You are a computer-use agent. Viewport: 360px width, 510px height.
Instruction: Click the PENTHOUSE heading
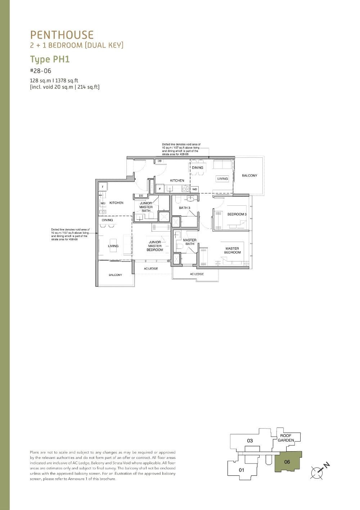(62, 35)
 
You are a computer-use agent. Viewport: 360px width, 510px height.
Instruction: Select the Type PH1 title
(50, 59)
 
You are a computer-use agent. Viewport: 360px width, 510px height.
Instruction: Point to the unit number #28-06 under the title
(41, 71)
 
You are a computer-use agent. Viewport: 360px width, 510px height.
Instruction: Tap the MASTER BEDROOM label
(232, 250)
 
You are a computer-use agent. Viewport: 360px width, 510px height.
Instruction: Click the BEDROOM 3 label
(237, 214)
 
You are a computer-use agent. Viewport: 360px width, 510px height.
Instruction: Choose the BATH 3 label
(184, 208)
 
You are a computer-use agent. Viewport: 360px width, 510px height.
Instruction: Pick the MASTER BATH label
(190, 242)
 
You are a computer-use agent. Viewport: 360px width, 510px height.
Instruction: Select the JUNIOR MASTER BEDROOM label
(155, 246)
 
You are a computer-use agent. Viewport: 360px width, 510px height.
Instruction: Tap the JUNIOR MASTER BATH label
(146, 207)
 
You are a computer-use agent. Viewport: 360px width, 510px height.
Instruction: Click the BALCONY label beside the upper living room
(249, 175)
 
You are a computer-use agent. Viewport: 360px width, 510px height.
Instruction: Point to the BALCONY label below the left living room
(115, 275)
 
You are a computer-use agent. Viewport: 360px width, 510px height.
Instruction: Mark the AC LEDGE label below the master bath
(197, 274)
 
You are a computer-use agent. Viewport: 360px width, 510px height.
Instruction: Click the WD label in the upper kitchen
(194, 189)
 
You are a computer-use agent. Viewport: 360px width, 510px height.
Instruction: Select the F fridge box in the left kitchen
(103, 187)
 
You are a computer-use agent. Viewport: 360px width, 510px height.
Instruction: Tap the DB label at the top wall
(159, 161)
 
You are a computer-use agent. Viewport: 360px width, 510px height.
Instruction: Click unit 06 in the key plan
(287, 462)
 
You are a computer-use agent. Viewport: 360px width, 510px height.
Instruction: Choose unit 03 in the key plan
(250, 440)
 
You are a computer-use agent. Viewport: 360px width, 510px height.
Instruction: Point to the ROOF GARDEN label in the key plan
(286, 438)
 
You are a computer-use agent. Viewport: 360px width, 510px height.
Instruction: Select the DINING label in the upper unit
(197, 167)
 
